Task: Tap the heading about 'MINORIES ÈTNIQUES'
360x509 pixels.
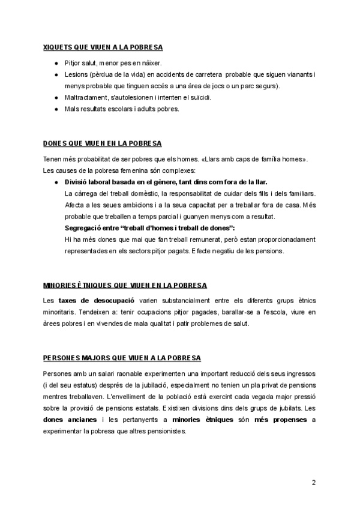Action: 125,284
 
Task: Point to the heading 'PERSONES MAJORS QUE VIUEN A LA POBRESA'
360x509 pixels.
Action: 122,358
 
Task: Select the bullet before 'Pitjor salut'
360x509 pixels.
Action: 56,63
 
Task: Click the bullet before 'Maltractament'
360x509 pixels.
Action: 56,97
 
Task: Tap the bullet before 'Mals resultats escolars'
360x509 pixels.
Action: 56,109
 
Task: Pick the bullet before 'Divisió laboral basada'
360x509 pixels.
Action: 56,182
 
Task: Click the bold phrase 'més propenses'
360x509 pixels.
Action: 281,420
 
